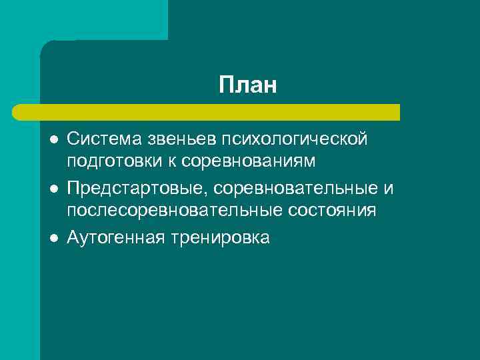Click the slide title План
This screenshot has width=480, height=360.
tap(247, 85)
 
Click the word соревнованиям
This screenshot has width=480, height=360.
tap(249, 161)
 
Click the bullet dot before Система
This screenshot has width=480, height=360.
tap(54, 140)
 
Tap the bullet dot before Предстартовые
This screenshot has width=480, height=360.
tap(54, 189)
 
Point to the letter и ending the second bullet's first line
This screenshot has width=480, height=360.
tap(389, 189)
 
